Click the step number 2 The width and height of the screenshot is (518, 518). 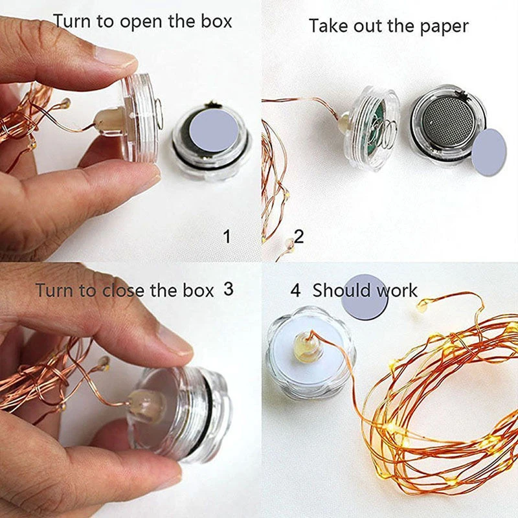(x=298, y=236)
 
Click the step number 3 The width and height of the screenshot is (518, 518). (x=228, y=289)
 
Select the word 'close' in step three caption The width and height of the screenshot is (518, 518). (x=124, y=290)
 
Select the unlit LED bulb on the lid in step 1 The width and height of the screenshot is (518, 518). (x=110, y=120)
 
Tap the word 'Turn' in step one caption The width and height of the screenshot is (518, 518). (x=71, y=21)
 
